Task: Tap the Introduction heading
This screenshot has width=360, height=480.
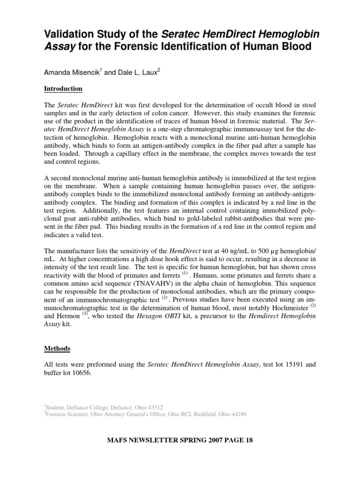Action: [x=63, y=89]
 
